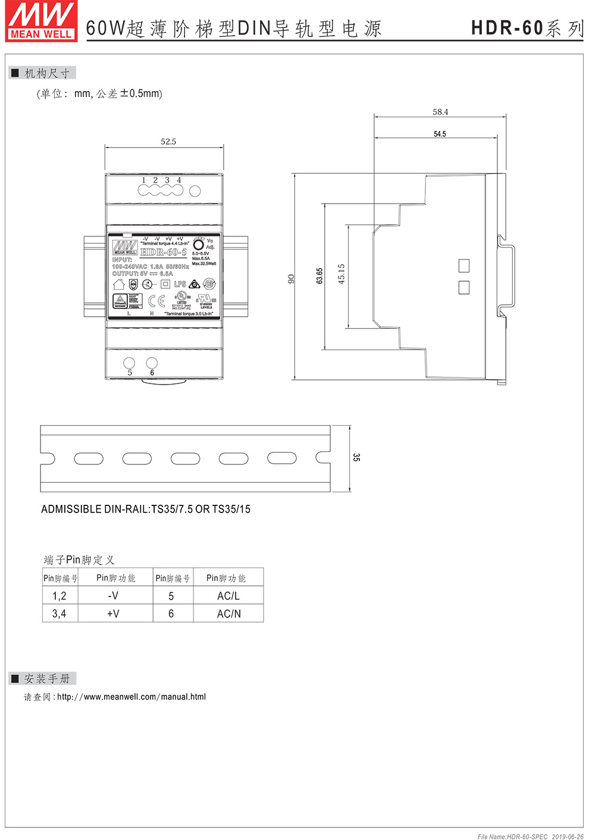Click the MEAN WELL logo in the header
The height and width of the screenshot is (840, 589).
(x=41, y=21)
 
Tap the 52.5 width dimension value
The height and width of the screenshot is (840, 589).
(x=168, y=142)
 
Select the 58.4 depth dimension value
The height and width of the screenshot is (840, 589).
(x=440, y=112)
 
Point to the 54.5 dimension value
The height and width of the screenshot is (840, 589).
(x=440, y=134)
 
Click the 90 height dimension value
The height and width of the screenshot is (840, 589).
(x=292, y=278)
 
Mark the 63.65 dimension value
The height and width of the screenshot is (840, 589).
(x=319, y=276)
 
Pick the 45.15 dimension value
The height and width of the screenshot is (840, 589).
(x=342, y=274)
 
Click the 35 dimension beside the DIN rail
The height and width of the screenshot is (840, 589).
(x=356, y=457)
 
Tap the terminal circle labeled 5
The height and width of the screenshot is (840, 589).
(x=129, y=363)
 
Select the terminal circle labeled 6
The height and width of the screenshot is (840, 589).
(x=152, y=362)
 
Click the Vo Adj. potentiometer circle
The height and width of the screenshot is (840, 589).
(x=199, y=245)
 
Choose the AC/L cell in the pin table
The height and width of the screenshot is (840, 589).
(x=228, y=596)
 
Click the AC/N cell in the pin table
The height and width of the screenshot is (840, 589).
(x=228, y=614)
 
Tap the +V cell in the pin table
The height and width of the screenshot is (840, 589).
(x=113, y=614)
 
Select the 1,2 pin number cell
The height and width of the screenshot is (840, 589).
(x=59, y=596)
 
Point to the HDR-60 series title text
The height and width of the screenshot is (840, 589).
(x=527, y=28)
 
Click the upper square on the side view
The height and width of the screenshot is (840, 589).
(x=464, y=266)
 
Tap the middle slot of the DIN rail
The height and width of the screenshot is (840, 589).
(x=185, y=458)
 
